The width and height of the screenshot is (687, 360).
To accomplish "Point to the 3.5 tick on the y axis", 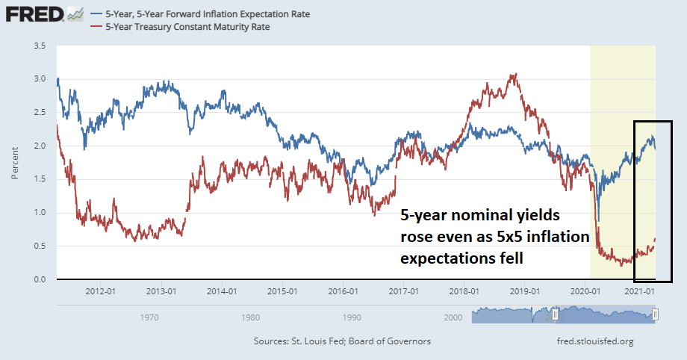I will [x=40, y=46].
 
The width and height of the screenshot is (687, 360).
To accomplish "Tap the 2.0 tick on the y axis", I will [x=40, y=146].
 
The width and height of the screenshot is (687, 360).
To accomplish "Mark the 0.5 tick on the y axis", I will [x=40, y=246].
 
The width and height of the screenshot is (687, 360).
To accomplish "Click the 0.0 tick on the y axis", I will [x=40, y=279].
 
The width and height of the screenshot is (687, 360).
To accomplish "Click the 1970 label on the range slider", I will [x=149, y=317].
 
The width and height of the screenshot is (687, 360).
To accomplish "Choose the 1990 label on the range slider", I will [x=349, y=317].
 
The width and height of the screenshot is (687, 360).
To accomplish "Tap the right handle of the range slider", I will [x=655, y=316].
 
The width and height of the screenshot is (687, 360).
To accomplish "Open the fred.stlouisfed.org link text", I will [x=591, y=341].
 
